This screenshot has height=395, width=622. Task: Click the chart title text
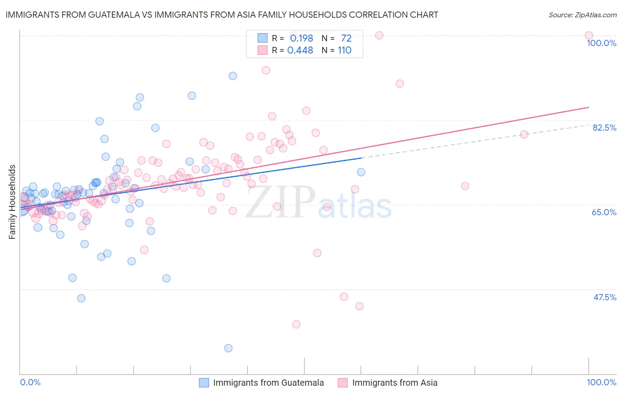click(222, 15)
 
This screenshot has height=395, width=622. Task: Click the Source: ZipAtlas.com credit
click(582, 15)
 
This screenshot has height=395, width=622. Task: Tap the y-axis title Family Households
click(12, 202)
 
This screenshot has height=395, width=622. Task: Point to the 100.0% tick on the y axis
click(601, 43)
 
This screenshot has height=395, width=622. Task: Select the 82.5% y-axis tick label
click(604, 128)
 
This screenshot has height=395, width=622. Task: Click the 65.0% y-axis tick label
click(604, 212)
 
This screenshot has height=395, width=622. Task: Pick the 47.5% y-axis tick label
click(604, 297)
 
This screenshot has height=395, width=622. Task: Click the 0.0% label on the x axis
click(30, 382)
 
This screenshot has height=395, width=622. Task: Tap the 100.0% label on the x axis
click(601, 382)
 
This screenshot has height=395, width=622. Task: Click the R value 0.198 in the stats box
click(301, 39)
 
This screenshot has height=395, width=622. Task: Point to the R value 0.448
click(300, 50)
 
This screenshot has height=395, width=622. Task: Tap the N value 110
click(345, 50)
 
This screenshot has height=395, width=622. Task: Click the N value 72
click(346, 39)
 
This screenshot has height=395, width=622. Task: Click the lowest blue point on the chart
click(228, 348)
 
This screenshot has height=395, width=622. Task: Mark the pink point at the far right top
click(588, 35)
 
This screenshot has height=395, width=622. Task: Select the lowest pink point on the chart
click(296, 325)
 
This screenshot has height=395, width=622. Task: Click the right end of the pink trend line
click(588, 107)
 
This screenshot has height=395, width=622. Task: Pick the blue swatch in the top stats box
click(263, 38)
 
